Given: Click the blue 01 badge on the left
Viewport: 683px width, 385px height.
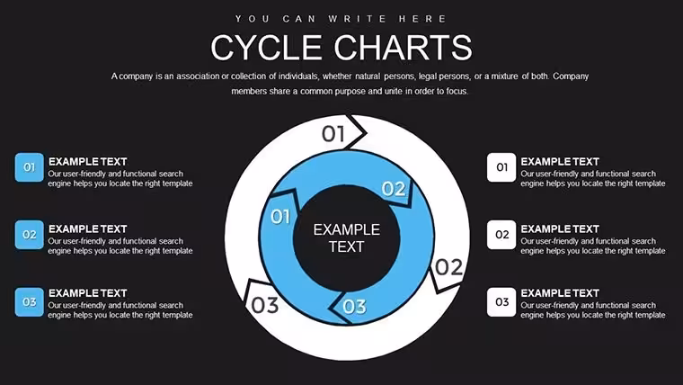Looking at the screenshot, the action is pyautogui.click(x=29, y=167).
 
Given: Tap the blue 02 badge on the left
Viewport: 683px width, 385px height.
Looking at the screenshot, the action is pyautogui.click(x=29, y=235).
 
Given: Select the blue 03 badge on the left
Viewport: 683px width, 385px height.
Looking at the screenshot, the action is pyautogui.click(x=29, y=301).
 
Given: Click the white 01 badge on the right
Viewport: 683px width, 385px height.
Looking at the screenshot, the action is pyautogui.click(x=501, y=167).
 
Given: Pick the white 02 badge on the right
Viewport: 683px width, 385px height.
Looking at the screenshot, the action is pyautogui.click(x=501, y=235).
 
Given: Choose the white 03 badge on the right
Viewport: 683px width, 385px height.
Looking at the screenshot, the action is pyautogui.click(x=501, y=301).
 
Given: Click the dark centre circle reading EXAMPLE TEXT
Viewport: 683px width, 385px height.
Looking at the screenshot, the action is pyautogui.click(x=347, y=238).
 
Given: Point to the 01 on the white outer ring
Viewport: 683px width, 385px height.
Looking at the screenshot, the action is pyautogui.click(x=333, y=134).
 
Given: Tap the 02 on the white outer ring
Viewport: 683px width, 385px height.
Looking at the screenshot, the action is pyautogui.click(x=448, y=267).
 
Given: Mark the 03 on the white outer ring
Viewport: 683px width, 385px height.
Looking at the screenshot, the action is pyautogui.click(x=265, y=305).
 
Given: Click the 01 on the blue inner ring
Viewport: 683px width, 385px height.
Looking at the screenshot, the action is pyautogui.click(x=280, y=216).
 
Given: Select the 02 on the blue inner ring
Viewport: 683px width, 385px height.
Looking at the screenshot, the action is pyautogui.click(x=394, y=189).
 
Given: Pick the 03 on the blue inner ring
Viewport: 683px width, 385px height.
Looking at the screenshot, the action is pyautogui.click(x=355, y=307).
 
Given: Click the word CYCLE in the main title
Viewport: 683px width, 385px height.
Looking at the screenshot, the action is pyautogui.click(x=267, y=48).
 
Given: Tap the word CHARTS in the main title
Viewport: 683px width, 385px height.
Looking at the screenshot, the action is pyautogui.click(x=404, y=48).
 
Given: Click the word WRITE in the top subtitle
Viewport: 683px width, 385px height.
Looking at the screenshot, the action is pyautogui.click(x=357, y=19).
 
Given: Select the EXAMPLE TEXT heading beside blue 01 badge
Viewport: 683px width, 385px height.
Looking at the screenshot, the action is pyautogui.click(x=87, y=162).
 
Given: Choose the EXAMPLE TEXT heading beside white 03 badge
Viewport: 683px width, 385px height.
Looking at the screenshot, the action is pyautogui.click(x=560, y=293).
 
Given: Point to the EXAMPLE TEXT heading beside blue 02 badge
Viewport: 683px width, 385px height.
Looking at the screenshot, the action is pyautogui.click(x=87, y=228).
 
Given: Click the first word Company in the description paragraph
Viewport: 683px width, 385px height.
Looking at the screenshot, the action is pyautogui.click(x=571, y=76).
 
